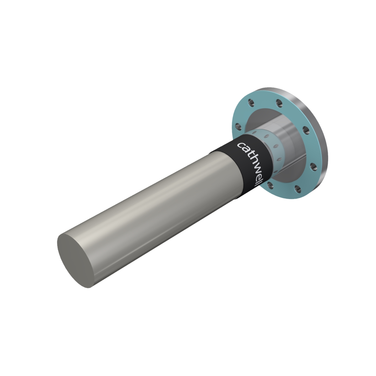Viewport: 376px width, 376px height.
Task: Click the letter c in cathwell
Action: point(241,146)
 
